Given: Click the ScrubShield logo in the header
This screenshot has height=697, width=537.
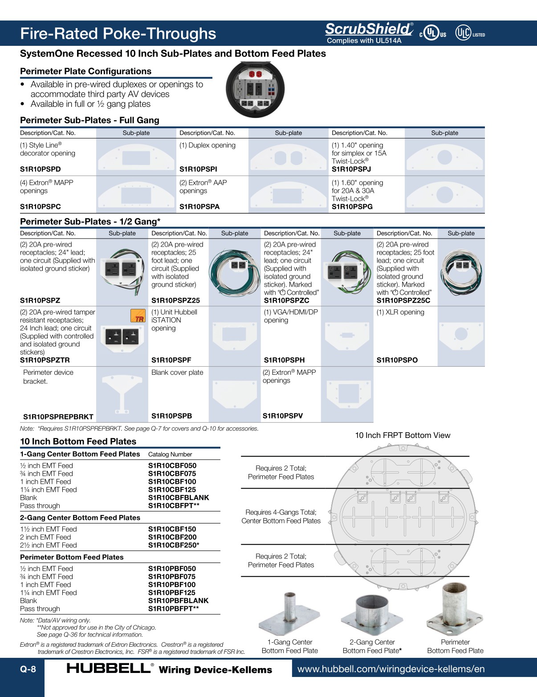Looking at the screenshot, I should coord(369,29).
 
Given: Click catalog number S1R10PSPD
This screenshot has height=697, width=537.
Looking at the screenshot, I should coord(41,169).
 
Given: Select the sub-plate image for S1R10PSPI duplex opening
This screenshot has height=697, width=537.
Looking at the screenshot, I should coord(288,158).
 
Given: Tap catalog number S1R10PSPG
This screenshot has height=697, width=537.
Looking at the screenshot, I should coord(352,207).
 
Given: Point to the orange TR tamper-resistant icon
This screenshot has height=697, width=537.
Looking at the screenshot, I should coord(138,316).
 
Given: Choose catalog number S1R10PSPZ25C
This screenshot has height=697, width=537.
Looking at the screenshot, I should coord(403,300).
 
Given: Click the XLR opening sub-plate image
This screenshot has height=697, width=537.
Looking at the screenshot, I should coord(461,335).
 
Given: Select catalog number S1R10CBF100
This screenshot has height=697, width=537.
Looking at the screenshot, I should coord(172,482).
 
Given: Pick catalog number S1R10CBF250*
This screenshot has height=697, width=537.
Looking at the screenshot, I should coord(174,545).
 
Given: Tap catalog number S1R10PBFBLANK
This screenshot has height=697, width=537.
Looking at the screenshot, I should coord(178,601).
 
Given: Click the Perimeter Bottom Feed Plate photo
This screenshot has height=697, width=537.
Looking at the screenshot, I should coord(455,610).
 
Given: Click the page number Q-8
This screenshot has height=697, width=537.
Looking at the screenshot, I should coord(28,669).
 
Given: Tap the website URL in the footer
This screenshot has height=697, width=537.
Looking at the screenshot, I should coord(391,669).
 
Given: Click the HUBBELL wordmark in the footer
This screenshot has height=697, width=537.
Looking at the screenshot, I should coord(109,669).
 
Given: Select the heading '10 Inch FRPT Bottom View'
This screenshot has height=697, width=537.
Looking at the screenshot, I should coord(403,435).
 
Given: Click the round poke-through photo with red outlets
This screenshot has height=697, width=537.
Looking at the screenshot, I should coord(255,89).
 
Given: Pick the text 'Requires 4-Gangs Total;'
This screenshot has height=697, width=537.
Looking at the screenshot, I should coord(281,512).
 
